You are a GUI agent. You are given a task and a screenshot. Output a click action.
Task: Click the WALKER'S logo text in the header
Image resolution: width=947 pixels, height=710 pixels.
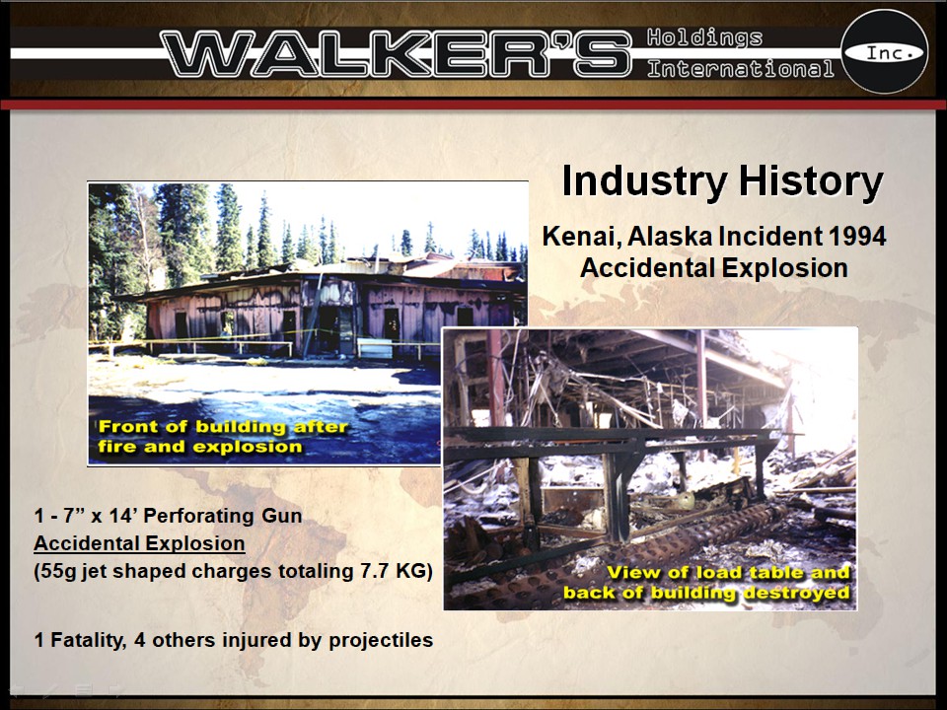click(x=395, y=53)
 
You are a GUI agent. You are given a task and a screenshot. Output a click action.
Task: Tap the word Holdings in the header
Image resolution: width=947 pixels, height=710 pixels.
click(x=704, y=38)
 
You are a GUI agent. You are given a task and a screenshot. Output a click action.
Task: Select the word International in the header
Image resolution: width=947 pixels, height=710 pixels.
click(x=740, y=69)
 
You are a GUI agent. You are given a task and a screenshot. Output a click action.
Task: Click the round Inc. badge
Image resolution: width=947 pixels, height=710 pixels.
click(x=884, y=52)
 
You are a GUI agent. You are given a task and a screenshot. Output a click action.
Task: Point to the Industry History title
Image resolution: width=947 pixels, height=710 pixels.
click(x=721, y=182)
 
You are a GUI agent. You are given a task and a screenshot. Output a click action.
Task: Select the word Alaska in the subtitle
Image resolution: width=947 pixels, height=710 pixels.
click(x=664, y=238)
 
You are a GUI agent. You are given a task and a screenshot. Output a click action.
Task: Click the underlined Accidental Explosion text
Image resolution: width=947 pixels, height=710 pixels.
click(x=139, y=543)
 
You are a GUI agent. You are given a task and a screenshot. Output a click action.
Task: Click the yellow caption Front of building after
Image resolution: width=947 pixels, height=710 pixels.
click(x=222, y=427)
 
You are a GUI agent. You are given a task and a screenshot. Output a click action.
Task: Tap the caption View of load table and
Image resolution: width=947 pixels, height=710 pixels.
click(x=728, y=573)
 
